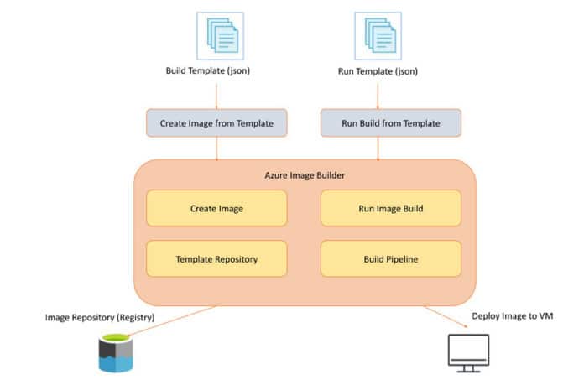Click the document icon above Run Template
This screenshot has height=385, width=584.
(378, 34)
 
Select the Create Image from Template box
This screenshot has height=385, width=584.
(216, 123)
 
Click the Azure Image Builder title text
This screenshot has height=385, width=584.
(304, 174)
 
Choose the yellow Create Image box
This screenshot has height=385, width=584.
(216, 208)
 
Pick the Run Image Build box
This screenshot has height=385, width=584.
(390, 208)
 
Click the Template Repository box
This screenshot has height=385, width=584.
(216, 259)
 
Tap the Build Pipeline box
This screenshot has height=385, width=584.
(390, 259)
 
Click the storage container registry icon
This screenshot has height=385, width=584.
(115, 352)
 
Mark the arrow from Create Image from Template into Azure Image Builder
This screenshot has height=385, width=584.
(216, 148)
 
